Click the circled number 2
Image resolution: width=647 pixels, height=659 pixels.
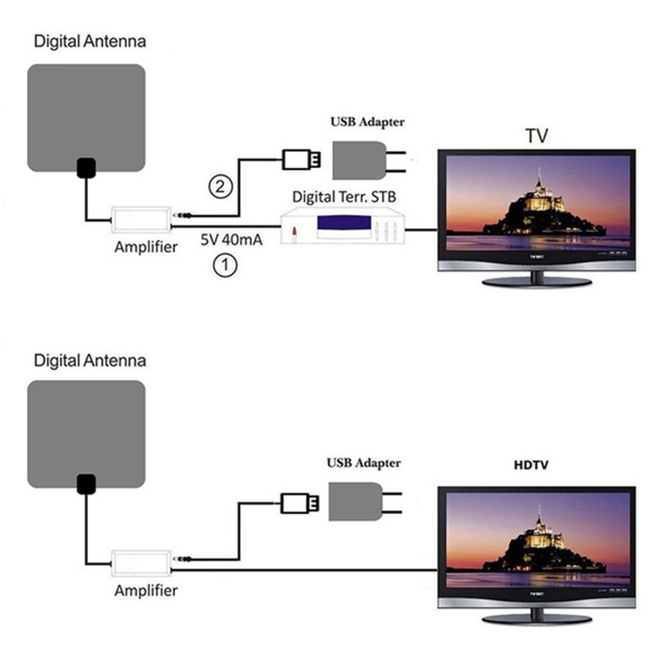coord(219,187)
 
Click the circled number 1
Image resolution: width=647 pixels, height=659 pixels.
coord(223,265)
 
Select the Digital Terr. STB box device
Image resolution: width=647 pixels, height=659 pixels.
coord(343,226)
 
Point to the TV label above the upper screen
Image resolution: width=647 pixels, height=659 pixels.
coord(537,136)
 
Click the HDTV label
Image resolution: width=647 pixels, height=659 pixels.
coord(530,466)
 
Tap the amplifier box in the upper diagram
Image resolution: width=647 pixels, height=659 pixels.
coord(141,218)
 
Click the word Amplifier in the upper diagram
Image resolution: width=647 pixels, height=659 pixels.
coord(146,247)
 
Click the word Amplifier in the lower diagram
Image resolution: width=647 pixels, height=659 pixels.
coord(146,591)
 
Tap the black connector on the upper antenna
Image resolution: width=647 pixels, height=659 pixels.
coord(86,168)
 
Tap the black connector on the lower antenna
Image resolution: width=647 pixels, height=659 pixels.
coord(86,484)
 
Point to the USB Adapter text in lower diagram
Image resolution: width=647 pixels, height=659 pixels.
coord(363,463)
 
